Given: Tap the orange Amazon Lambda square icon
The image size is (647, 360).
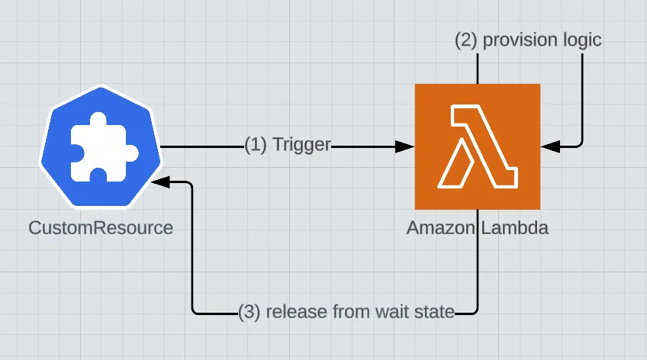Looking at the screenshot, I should (x=477, y=146).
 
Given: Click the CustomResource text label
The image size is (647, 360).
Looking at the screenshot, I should (x=100, y=228).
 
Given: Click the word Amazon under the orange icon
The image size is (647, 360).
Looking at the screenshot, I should (x=441, y=228).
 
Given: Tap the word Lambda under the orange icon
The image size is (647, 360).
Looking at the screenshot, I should (x=513, y=228).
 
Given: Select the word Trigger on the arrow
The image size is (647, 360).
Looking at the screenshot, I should (x=302, y=145).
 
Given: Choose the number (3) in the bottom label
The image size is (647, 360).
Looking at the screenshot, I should (x=249, y=311).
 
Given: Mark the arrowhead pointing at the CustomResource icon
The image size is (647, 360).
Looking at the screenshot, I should (x=158, y=182).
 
